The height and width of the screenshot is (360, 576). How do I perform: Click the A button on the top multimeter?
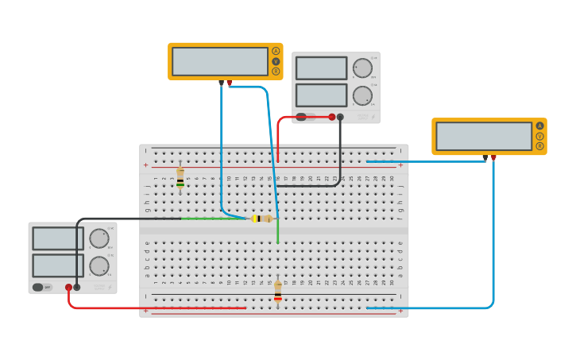[x=276, y=51]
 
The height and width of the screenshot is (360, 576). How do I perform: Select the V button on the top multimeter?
[x=276, y=61]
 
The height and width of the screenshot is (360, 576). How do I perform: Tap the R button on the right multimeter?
[x=539, y=146]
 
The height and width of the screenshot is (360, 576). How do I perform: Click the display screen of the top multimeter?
[x=220, y=61]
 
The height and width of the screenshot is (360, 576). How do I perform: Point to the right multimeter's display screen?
[x=484, y=136]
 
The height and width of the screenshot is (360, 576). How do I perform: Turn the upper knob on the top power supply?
[x=362, y=68]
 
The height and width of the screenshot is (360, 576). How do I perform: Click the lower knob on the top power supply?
[x=362, y=95]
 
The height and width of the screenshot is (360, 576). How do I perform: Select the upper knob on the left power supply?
[x=99, y=238]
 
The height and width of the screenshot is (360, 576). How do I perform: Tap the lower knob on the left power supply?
[x=99, y=265]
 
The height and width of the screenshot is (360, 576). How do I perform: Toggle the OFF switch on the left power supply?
[x=42, y=287]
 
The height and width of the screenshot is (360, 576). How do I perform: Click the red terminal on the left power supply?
[x=69, y=287]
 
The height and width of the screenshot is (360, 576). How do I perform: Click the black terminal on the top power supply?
[x=340, y=117]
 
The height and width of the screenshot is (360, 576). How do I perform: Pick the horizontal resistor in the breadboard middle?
[x=261, y=219]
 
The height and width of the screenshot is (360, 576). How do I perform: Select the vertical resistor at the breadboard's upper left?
[x=180, y=177]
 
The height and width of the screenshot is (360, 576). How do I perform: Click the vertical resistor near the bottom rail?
[x=277, y=292]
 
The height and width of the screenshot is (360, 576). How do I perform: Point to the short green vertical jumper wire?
[x=277, y=232]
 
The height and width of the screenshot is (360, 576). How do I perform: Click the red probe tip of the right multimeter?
[x=493, y=159]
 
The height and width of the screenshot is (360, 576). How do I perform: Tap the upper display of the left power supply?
[x=58, y=238]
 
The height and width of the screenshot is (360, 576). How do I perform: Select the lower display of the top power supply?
[x=321, y=95]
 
